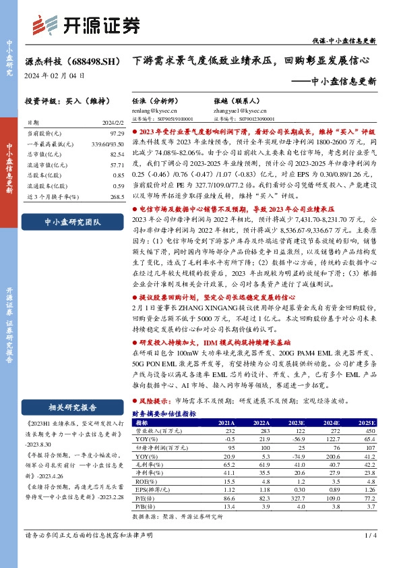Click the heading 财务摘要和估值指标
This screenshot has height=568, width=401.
164,413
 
